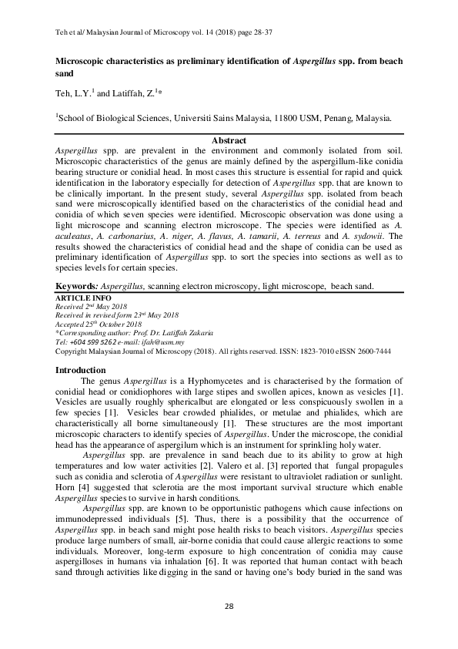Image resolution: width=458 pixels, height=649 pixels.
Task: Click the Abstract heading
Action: coord(229,140)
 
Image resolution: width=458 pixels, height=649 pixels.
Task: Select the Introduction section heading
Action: coord(85,371)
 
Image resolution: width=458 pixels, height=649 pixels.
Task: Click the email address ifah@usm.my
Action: coord(162,341)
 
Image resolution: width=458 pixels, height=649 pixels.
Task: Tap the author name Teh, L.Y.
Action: coord(72,93)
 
